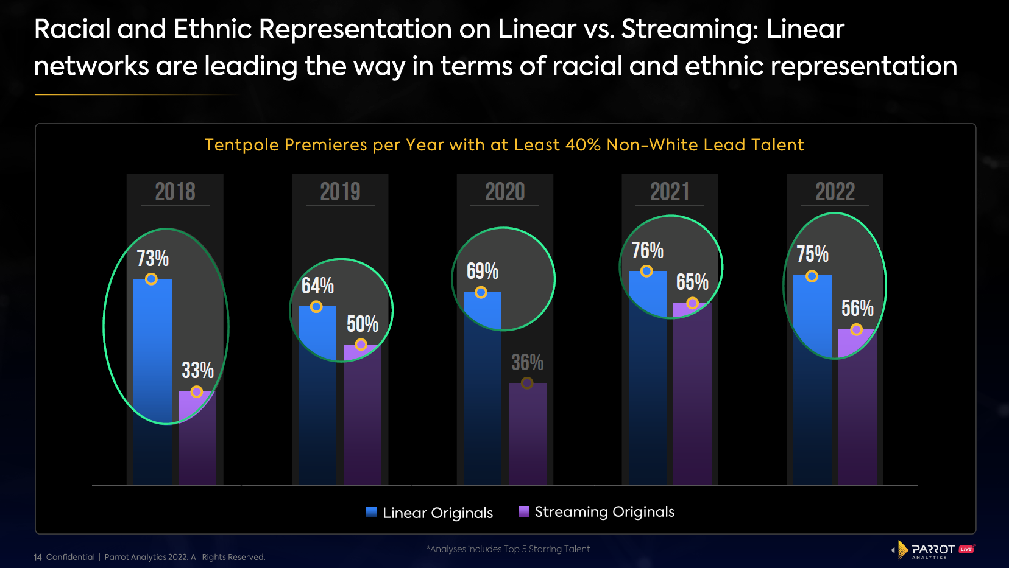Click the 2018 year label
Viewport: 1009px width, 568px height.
click(175, 192)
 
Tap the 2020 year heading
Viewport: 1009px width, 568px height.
click(505, 192)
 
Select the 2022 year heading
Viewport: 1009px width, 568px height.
click(835, 192)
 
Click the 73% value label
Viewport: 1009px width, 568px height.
click(152, 258)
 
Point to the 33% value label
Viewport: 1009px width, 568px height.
click(197, 370)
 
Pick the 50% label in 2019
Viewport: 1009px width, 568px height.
click(363, 324)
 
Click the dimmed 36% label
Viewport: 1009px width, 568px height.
click(527, 362)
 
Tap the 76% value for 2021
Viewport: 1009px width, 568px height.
click(647, 250)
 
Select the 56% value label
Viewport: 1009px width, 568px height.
click(857, 308)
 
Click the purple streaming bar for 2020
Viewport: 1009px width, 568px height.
click(528, 435)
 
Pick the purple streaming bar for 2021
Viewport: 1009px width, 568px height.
click(692, 396)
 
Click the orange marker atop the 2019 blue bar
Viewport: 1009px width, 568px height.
click(316, 307)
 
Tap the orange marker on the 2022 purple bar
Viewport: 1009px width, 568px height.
click(856, 329)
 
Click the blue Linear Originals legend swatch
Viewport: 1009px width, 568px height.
click(371, 512)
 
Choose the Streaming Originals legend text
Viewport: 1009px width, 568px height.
click(604, 512)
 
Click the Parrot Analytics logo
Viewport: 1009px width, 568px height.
click(932, 550)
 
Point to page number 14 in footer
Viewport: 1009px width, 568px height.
click(38, 557)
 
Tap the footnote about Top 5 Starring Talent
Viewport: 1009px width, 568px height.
click(508, 549)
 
